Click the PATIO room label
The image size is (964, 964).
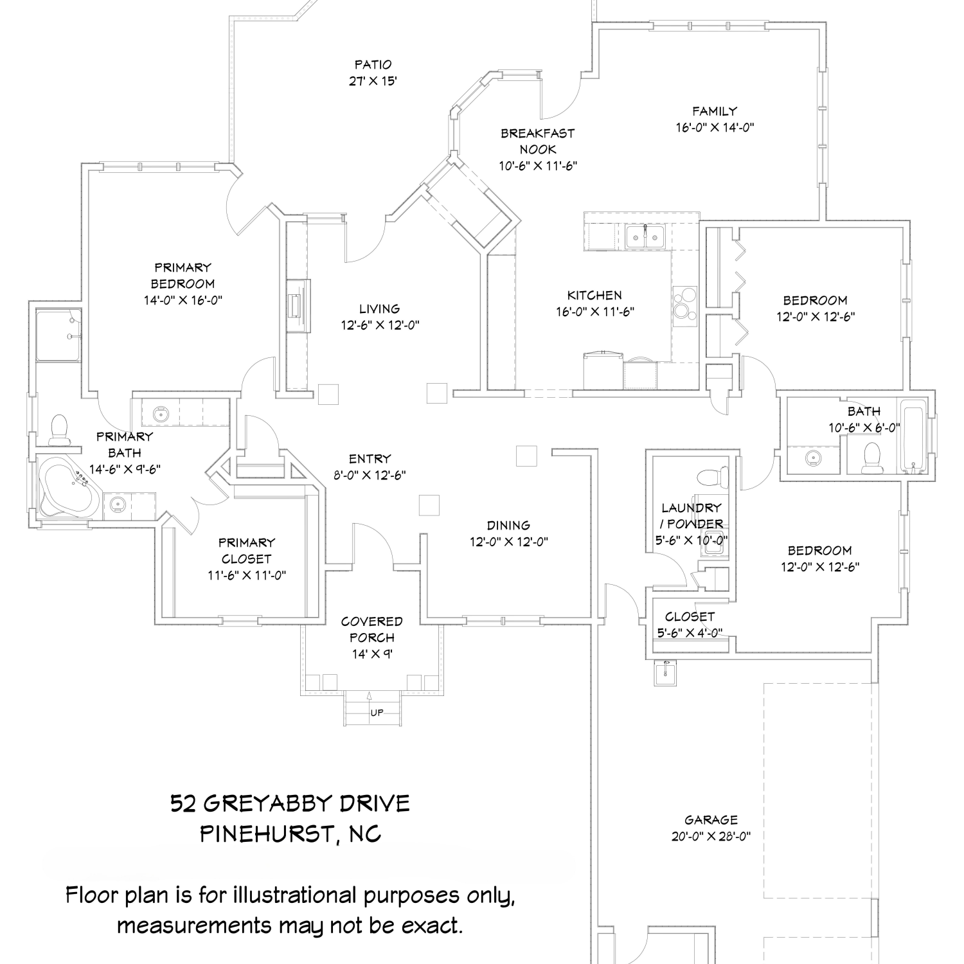(373, 64)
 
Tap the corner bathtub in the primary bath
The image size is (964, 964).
(67, 486)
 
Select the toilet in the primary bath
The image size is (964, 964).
(59, 429)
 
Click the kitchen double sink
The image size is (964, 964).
(645, 237)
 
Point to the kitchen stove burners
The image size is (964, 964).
(684, 303)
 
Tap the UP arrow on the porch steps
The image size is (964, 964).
(370, 695)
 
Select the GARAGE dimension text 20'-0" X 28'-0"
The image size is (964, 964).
(711, 836)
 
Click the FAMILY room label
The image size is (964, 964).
(715, 111)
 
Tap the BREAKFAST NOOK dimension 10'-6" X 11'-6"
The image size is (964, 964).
(539, 165)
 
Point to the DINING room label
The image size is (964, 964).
(508, 525)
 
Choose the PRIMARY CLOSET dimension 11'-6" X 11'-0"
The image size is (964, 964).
(247, 575)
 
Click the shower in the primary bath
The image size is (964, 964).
(59, 335)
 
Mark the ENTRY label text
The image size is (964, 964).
(370, 458)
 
